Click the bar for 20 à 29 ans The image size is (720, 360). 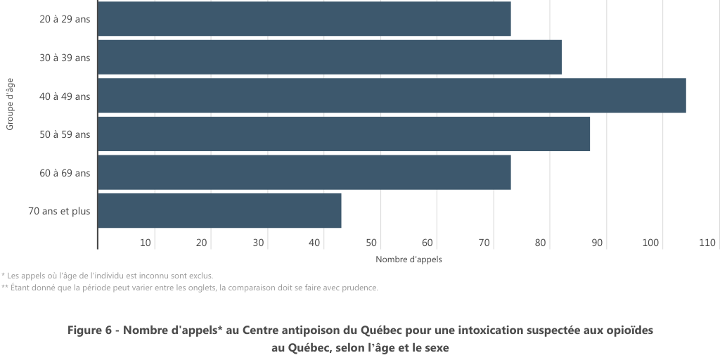[304, 19]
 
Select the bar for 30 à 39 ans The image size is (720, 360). [329, 57]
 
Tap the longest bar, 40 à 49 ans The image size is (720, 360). [391, 96]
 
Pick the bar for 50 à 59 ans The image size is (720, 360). [343, 134]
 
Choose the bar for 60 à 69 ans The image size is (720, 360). [304, 172]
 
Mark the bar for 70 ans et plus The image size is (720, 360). [219, 210]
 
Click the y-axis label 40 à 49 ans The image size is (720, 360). [65, 96]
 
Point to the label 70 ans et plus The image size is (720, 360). [59, 211]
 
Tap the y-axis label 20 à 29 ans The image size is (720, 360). [65, 20]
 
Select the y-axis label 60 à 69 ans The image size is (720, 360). [65, 173]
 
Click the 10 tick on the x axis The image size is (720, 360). [146, 243]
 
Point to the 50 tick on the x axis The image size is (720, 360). [371, 243]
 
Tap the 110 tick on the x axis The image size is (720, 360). [707, 243]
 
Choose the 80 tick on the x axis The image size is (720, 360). [540, 243]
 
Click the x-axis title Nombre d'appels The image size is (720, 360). [409, 259]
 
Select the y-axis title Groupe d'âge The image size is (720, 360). [11, 103]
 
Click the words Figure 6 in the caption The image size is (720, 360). [89, 330]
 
